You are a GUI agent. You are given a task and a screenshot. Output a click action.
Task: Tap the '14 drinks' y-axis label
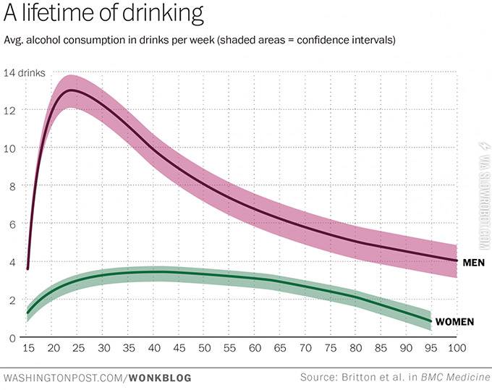pos(24,73)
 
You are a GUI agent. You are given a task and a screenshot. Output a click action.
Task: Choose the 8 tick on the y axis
pos(12,186)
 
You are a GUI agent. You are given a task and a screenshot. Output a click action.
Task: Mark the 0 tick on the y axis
pos(12,338)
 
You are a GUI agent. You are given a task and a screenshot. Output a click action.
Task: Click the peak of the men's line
pos(69,90)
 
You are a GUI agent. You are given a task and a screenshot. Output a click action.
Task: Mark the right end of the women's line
pos(431,321)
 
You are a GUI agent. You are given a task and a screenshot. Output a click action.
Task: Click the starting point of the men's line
pos(27,268)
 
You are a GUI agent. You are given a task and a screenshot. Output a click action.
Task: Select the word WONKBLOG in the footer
pos(158,378)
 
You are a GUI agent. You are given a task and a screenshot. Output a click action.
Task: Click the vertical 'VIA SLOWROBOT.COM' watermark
pos(483,195)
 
